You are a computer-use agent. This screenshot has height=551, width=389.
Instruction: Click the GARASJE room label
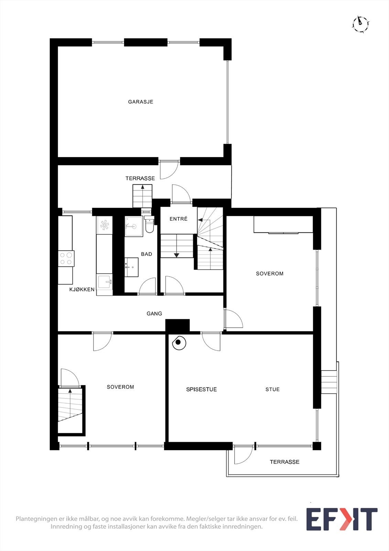point(140,102)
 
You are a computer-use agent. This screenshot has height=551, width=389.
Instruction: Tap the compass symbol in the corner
point(360,24)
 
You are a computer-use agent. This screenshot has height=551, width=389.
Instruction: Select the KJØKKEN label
point(82,290)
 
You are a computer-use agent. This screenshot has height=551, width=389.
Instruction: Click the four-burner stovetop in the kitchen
point(66,258)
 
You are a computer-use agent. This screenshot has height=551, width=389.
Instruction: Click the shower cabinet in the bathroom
point(133,226)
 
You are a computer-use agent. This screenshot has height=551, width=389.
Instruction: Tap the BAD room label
point(147,254)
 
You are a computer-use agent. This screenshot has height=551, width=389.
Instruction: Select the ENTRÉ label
point(179,219)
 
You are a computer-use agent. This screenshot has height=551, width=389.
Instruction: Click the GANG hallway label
point(154,314)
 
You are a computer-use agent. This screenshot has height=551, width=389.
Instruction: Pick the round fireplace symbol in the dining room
point(179,342)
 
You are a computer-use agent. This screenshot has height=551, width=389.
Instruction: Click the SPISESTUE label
point(201,389)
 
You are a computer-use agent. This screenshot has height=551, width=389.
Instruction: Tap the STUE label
point(272,389)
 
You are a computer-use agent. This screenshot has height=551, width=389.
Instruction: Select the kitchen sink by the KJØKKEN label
point(104,282)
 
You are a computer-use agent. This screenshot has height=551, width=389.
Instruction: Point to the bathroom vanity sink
point(131,267)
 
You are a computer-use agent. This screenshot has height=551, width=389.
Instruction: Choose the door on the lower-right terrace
point(244,455)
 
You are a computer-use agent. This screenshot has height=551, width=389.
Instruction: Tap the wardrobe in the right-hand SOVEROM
point(283,225)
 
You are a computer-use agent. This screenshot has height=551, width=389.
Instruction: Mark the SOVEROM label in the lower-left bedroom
point(120,387)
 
